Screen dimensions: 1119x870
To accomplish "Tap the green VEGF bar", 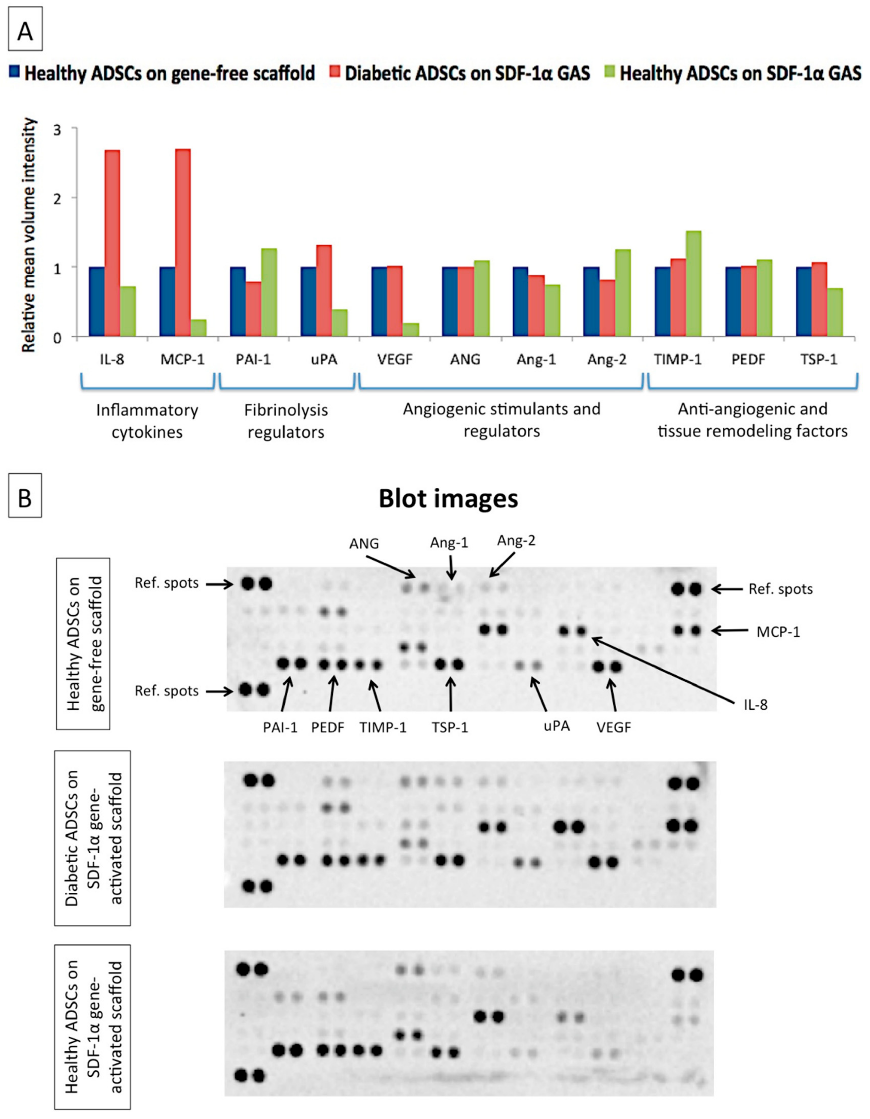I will click(x=411, y=329).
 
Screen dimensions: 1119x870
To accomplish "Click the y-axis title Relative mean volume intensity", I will click(x=29, y=235).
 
